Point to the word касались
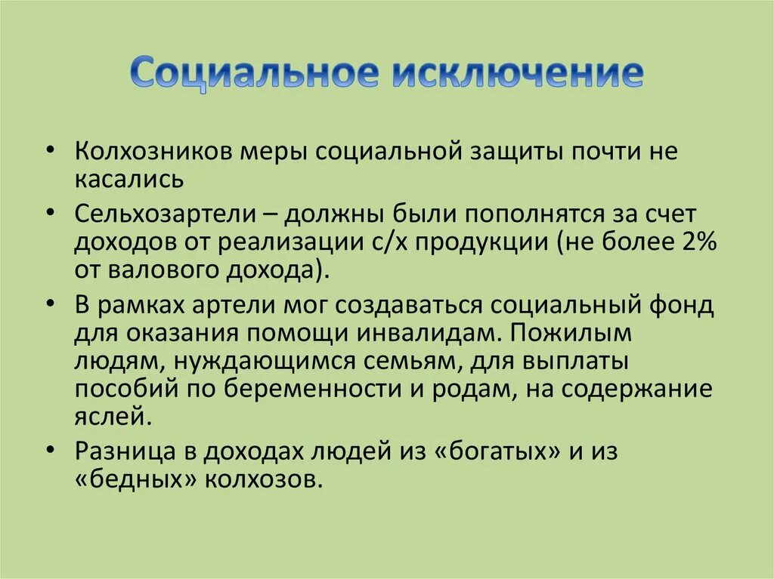[128, 180]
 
